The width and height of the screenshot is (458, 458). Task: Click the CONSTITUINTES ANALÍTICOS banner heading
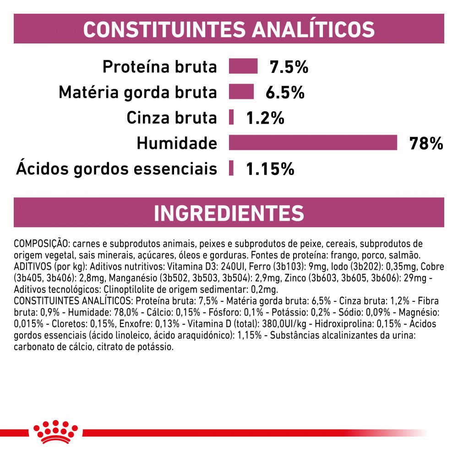pyautogui.click(x=229, y=29)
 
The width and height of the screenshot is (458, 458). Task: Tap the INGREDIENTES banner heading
pyautogui.click(x=229, y=213)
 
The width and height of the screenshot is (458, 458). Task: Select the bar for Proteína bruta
pyautogui.click(x=243, y=66)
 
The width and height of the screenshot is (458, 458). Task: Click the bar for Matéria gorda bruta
pyautogui.click(x=241, y=92)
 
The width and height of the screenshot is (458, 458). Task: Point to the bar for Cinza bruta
pyautogui.click(x=231, y=117)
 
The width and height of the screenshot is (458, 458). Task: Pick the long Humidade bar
pyautogui.click(x=313, y=142)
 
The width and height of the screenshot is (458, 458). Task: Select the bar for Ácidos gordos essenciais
pyautogui.click(x=231, y=168)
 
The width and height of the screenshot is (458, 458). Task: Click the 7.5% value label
pyautogui.click(x=289, y=67)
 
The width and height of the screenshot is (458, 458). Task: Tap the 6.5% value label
pyautogui.click(x=285, y=93)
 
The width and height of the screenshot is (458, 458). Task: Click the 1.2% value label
pyautogui.click(x=265, y=118)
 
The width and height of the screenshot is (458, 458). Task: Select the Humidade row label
pyautogui.click(x=177, y=143)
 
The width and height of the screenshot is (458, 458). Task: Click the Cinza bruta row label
pyautogui.click(x=171, y=118)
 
